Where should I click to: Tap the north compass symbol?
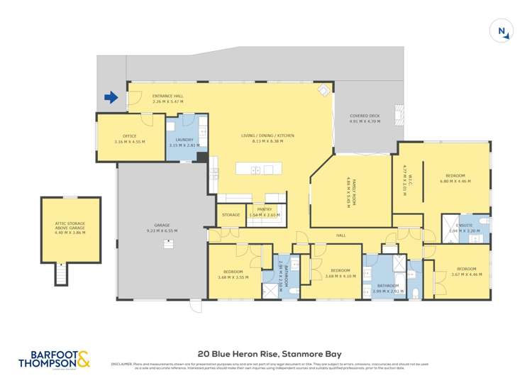[501, 31]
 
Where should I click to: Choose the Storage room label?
[231, 214]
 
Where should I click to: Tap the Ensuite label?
[465, 227]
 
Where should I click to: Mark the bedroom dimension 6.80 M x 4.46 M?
[455, 181]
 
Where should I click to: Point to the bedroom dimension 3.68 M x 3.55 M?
[233, 277]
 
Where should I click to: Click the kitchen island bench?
[260, 169]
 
